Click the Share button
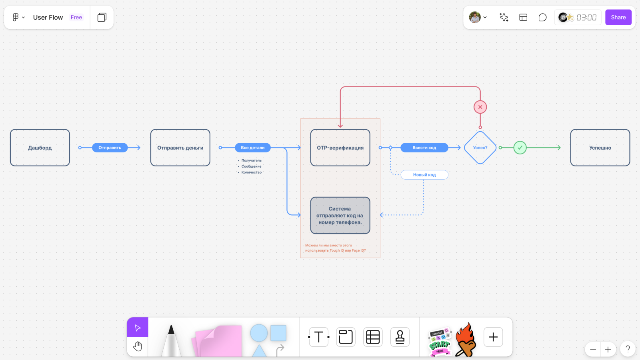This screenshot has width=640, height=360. point(618,17)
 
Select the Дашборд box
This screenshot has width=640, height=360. point(40,148)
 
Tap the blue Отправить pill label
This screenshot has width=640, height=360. point(110,148)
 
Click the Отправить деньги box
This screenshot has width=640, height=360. point(180,148)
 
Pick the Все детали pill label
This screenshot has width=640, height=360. point(252,148)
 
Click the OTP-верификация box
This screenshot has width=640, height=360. point(340,148)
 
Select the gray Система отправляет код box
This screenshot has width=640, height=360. point(340,215)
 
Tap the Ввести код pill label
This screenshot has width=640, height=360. point(424,148)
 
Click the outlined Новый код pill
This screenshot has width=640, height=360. point(424,175)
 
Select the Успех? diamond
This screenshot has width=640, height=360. point(480,148)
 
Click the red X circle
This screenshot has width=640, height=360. point(480,107)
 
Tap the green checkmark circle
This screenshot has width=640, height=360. point(520,148)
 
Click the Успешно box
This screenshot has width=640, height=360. point(600,148)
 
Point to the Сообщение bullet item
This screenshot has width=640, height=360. point(251,166)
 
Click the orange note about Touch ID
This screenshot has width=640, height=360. point(335,248)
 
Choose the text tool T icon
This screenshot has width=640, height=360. point(319,337)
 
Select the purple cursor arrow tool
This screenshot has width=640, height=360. point(138,328)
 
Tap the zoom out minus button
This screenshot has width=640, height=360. point(593,350)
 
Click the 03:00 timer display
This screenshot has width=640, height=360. point(586,18)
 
